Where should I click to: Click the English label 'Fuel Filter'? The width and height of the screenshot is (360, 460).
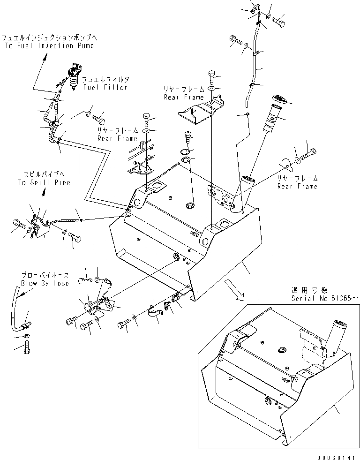pos(105,88)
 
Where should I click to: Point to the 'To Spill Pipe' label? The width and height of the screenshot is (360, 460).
pos(44,182)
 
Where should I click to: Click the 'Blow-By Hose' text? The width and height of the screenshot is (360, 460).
pos(45,283)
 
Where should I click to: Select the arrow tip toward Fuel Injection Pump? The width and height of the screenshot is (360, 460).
pos(47,56)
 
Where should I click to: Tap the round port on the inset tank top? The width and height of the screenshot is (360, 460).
pos(282,351)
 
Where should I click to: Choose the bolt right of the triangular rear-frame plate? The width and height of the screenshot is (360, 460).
pos(309,152)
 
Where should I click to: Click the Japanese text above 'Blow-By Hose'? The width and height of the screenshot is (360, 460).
pos(45,276)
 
